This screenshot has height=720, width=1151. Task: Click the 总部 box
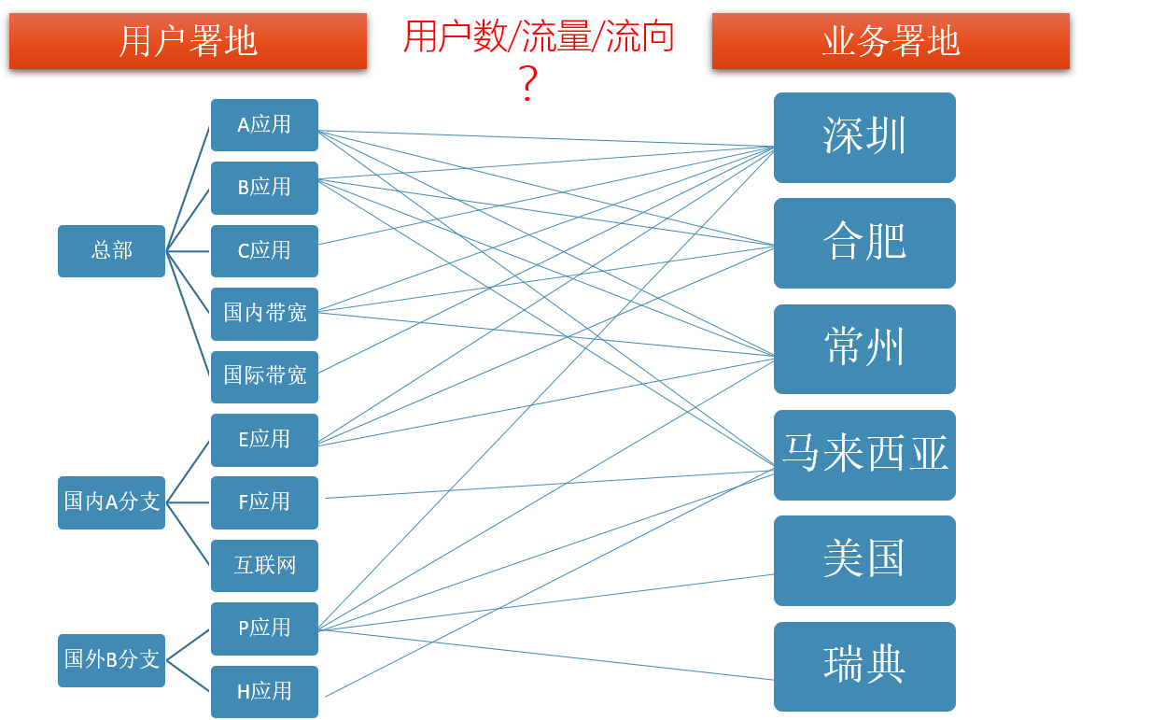(x=111, y=251)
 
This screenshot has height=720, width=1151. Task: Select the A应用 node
(x=264, y=125)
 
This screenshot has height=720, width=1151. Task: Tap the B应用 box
(x=264, y=188)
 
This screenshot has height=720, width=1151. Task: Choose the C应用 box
(x=264, y=251)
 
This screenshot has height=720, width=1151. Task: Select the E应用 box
(x=264, y=440)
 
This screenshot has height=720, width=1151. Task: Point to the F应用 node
(x=264, y=502)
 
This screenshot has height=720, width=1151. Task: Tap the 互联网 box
(x=264, y=566)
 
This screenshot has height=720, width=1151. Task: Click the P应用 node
(x=264, y=628)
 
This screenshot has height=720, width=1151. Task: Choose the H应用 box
(x=264, y=692)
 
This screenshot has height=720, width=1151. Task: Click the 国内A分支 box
(x=111, y=502)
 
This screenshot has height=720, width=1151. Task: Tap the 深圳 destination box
(x=864, y=137)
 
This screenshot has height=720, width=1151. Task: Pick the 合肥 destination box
(x=864, y=243)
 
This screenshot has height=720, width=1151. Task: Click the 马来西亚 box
(x=864, y=455)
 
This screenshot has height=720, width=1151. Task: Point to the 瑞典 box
(x=864, y=666)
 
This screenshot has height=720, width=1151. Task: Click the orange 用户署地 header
(x=188, y=41)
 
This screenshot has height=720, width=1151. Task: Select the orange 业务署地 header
(x=891, y=41)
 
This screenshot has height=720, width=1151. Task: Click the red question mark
(x=528, y=84)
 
